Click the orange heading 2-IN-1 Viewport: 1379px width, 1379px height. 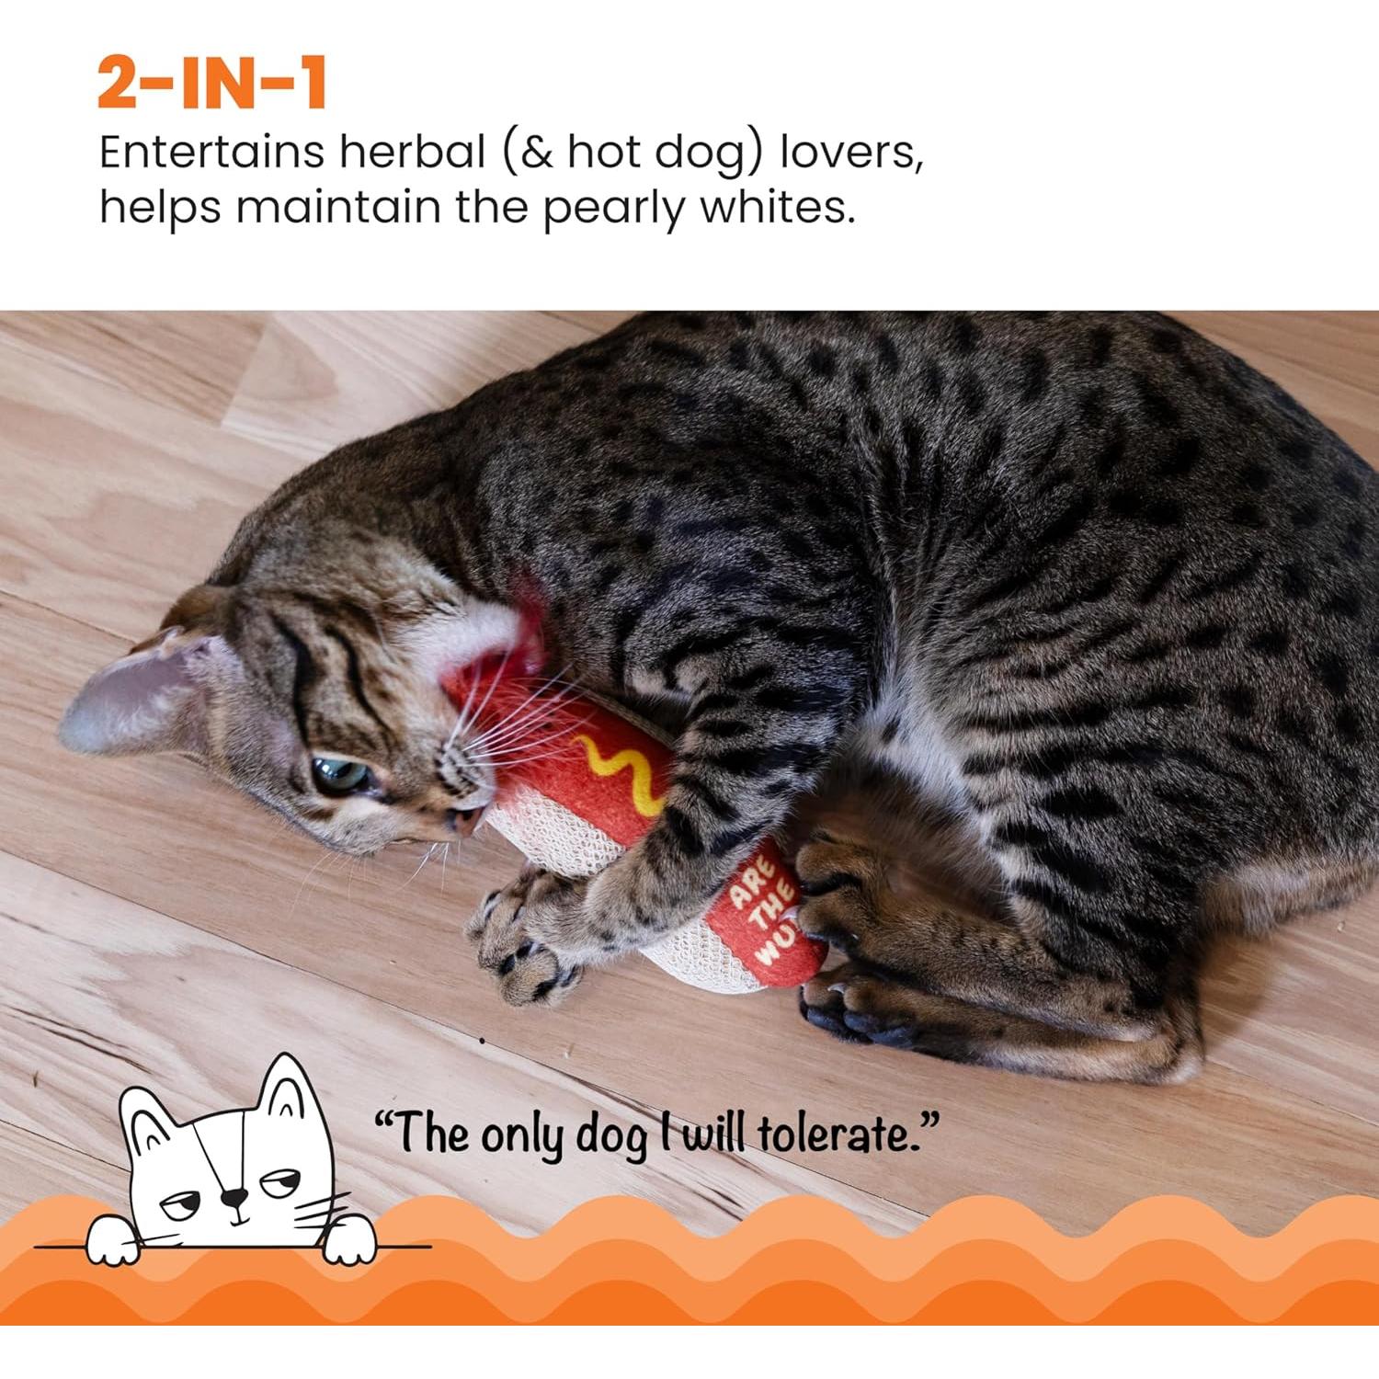tap(211, 84)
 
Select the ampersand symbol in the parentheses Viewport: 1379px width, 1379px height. tap(536, 153)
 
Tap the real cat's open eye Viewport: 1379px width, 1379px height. tap(338, 775)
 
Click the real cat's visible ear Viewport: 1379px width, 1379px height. tap(138, 694)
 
